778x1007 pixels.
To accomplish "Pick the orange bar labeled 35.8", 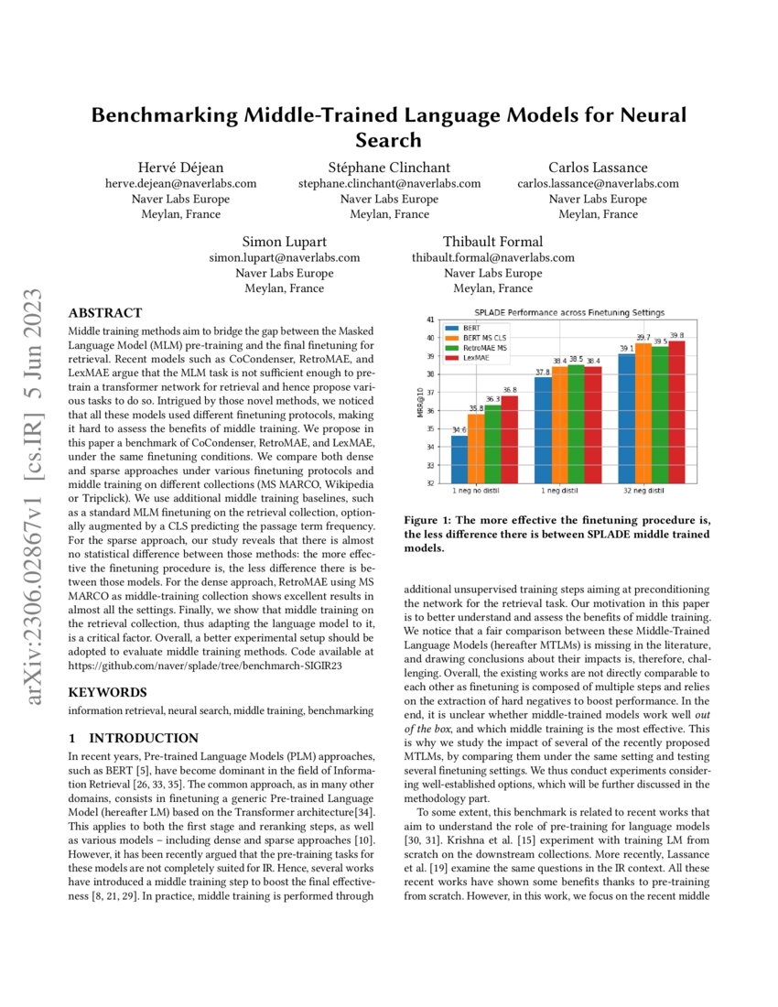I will coord(476,449).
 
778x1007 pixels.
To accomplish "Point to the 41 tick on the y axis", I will coord(429,319).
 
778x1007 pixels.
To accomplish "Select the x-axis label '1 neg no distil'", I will coord(484,492).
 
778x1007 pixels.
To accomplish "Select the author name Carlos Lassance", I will coord(598,167).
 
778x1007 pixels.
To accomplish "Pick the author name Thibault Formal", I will coord(492,242).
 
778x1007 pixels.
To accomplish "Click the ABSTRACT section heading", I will coord(105,313).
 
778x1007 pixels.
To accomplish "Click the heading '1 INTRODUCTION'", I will coord(134,738).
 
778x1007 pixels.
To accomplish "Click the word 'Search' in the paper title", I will coord(389,140).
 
